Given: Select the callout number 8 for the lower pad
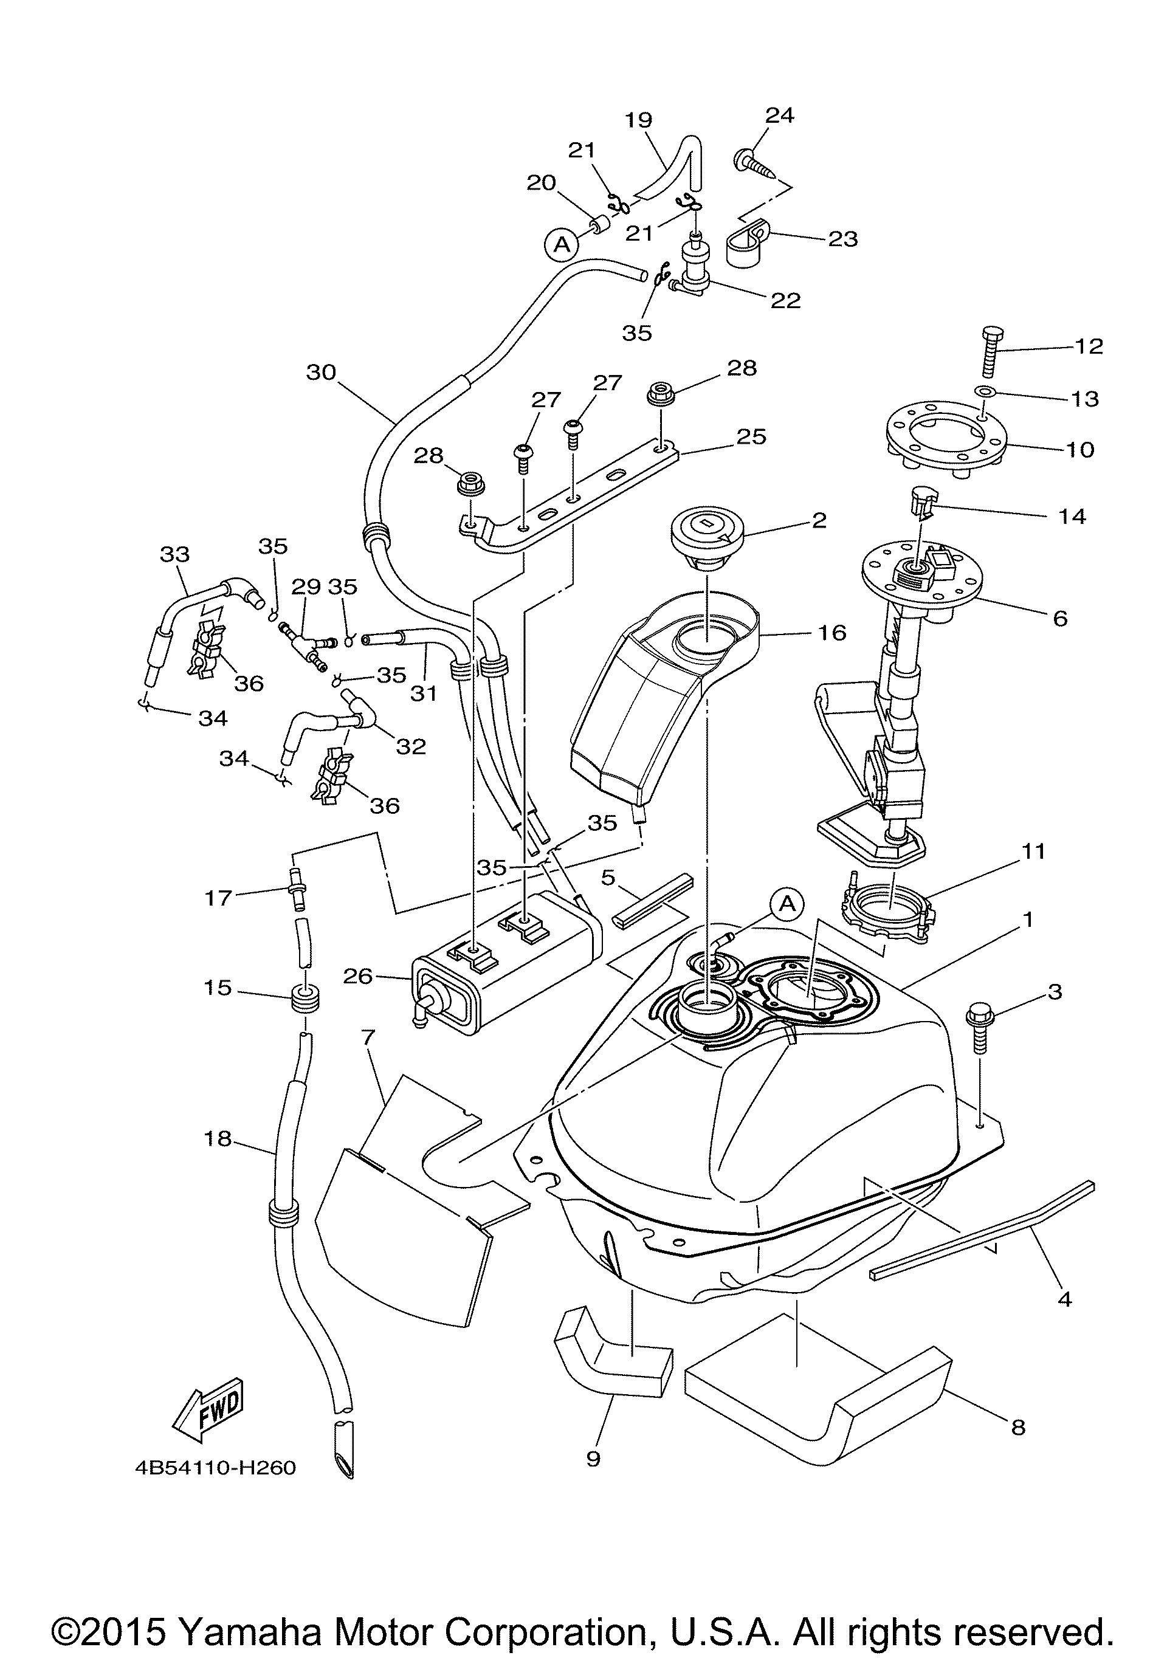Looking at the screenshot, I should [1018, 1428].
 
